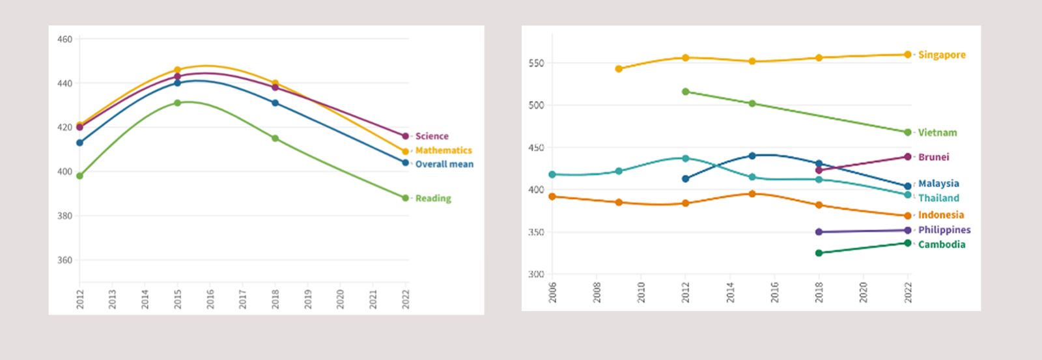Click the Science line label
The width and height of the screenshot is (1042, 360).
tap(432, 136)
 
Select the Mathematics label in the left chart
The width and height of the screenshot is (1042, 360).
tap(443, 150)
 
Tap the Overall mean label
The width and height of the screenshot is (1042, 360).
tap(444, 164)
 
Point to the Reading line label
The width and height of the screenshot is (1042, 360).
tap(433, 199)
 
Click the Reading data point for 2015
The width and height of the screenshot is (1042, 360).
tap(177, 103)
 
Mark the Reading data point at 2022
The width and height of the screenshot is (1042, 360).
tap(405, 198)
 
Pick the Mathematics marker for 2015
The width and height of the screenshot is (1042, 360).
tap(177, 70)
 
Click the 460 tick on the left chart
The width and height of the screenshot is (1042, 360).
tap(64, 39)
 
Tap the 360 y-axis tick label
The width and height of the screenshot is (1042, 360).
tap(64, 260)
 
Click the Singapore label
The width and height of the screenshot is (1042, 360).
tap(942, 55)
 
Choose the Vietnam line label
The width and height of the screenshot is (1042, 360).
tap(937, 133)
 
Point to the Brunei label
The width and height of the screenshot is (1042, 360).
tap(933, 157)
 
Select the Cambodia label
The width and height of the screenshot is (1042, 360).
tap(942, 245)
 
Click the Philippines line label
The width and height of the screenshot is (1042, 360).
tap(944, 230)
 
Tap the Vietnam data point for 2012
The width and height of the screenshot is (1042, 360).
tap(685, 92)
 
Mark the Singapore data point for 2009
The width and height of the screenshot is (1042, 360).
tap(619, 68)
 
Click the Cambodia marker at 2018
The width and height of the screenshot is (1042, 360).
tap(819, 253)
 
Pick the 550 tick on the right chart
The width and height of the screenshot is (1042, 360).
tap(536, 63)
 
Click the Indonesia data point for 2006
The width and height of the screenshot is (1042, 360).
tap(552, 196)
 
